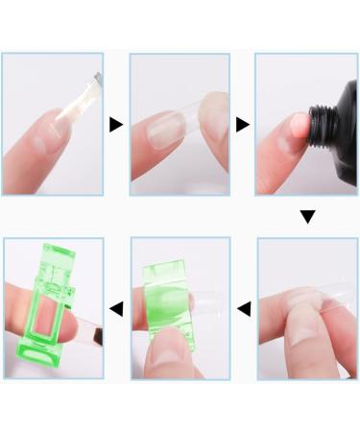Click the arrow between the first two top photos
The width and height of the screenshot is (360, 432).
tap(116, 124)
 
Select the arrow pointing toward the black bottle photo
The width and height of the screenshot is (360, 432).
tap(242, 124)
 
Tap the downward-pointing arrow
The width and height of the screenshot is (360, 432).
tap(307, 217)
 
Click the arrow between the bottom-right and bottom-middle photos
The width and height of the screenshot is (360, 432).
tap(244, 308)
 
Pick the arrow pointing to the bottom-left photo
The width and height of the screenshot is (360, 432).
tap(116, 308)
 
